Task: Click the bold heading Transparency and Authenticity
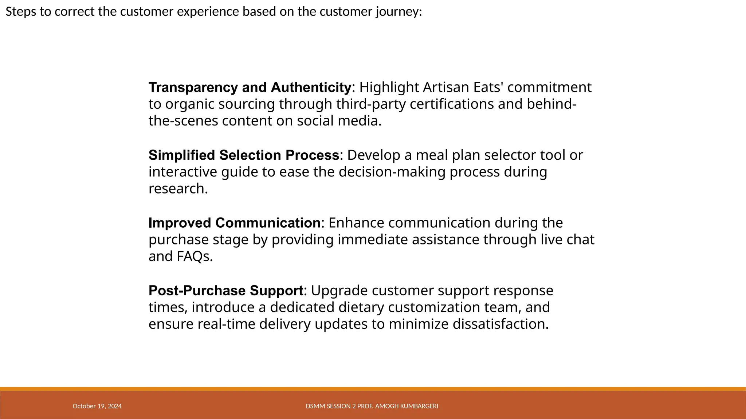pyautogui.click(x=250, y=88)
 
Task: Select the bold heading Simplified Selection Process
pyautogui.click(x=244, y=155)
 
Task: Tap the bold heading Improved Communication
pyautogui.click(x=234, y=223)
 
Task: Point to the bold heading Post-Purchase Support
pyautogui.click(x=226, y=291)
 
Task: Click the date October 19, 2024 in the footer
pyautogui.click(x=97, y=406)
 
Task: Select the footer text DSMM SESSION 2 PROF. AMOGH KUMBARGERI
pyautogui.click(x=372, y=406)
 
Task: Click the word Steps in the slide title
pyautogui.click(x=20, y=12)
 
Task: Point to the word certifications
pyautogui.click(x=452, y=104)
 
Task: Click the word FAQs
pyautogui.click(x=193, y=256)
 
